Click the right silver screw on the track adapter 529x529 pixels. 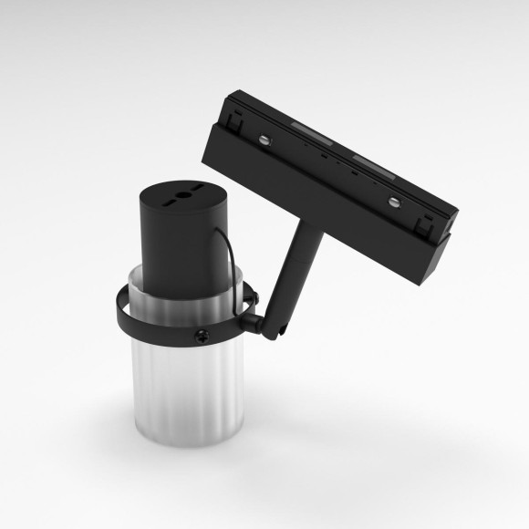click(x=393, y=201)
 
